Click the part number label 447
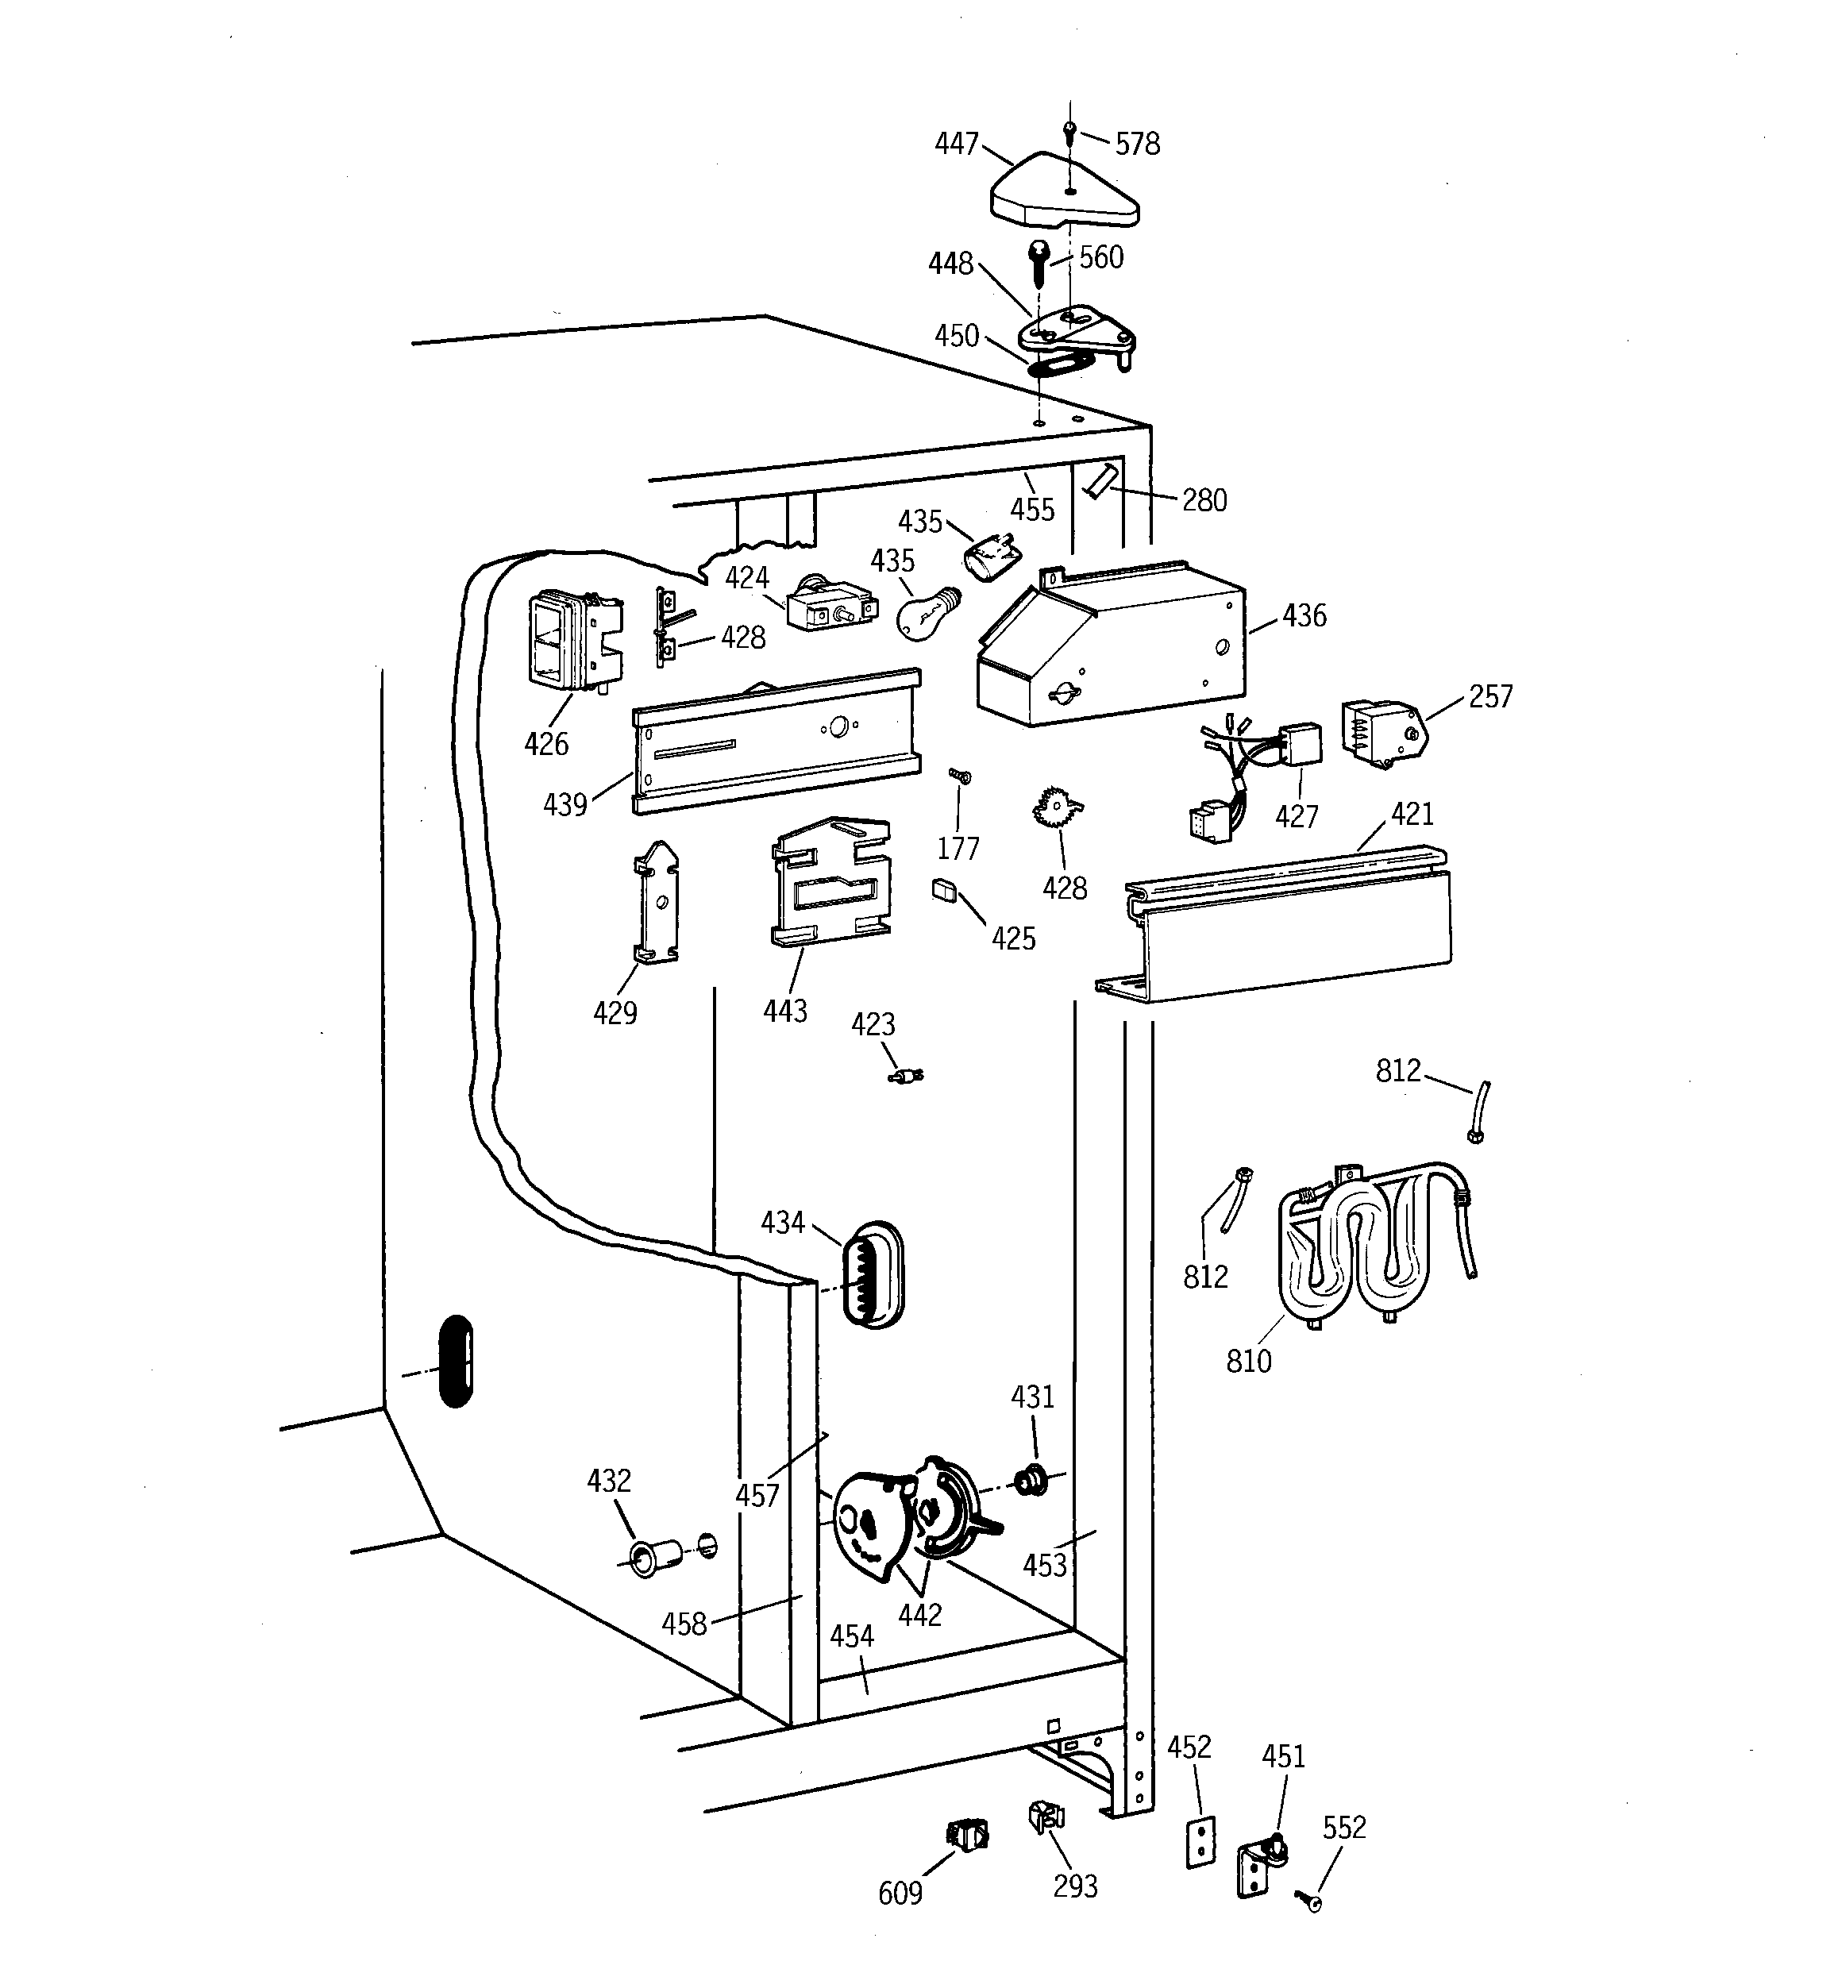click(956, 144)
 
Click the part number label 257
click(1490, 697)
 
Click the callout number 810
click(1248, 1361)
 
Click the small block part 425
click(944, 889)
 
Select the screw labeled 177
click(957, 776)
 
